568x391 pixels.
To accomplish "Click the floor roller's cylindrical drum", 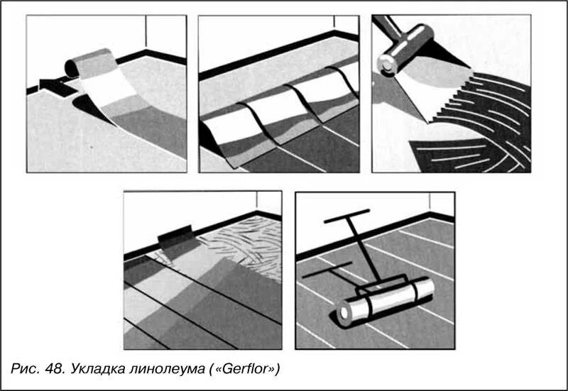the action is click(x=386, y=302).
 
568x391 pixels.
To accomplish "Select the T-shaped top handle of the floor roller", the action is click(x=346, y=216).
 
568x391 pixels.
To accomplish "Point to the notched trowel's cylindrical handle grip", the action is click(x=405, y=50).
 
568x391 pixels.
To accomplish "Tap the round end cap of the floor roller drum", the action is click(x=344, y=312).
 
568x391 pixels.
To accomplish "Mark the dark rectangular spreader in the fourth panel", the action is click(x=175, y=238).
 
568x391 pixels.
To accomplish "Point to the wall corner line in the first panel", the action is click(x=146, y=33).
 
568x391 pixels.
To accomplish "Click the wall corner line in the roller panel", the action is click(x=430, y=203).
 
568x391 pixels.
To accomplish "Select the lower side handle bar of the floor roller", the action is click(x=327, y=270).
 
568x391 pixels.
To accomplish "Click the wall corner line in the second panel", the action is click(x=334, y=23).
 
